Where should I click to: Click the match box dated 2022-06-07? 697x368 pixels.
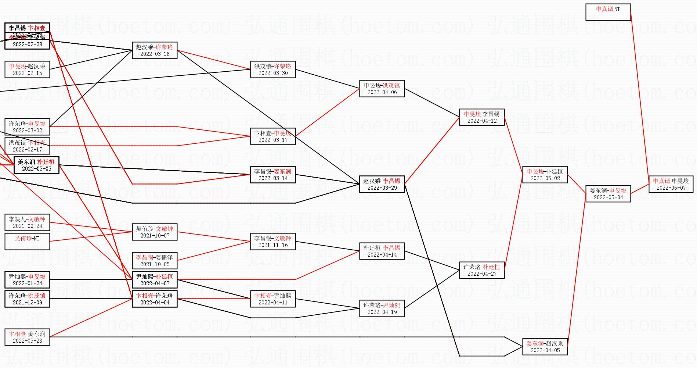(671, 184)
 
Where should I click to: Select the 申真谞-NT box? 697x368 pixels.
(608, 12)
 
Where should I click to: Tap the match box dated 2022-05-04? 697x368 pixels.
(608, 194)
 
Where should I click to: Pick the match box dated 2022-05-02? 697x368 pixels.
(545, 175)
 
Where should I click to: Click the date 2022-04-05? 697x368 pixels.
(545, 350)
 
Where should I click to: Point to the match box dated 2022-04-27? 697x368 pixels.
(482, 270)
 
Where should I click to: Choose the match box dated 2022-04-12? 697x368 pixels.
(482, 117)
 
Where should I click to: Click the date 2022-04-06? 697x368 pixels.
(382, 92)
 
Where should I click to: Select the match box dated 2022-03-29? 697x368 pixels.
(382, 184)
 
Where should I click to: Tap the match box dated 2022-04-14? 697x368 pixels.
(382, 251)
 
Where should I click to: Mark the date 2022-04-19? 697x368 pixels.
(382, 312)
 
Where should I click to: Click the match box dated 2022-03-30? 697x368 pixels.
(273, 69)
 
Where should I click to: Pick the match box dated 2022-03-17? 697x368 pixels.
(273, 136)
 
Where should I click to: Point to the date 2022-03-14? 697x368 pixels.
(273, 178)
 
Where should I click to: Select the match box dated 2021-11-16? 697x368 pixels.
(273, 242)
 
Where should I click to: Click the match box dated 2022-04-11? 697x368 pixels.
(273, 299)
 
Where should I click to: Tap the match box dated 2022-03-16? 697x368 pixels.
(155, 50)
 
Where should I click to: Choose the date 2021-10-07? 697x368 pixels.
(155, 236)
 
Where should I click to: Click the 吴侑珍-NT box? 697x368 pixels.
(27, 242)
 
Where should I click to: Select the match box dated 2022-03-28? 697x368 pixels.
(27, 337)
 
